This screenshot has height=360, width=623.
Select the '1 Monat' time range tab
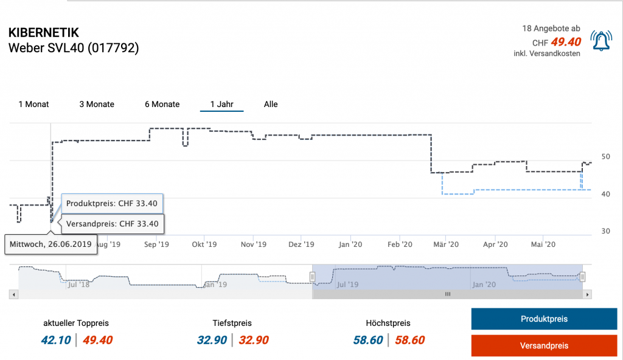click(x=33, y=105)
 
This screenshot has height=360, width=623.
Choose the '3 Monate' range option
click(x=97, y=105)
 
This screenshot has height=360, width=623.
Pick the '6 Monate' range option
click(x=162, y=105)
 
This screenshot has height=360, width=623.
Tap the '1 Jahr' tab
click(x=221, y=105)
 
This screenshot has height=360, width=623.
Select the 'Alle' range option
click(x=271, y=105)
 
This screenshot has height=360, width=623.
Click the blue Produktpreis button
click(x=544, y=319)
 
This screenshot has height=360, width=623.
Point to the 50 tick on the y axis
click(x=605, y=157)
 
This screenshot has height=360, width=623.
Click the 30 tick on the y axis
click(x=605, y=231)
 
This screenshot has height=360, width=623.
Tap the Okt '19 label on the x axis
click(x=204, y=244)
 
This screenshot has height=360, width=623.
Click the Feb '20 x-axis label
click(x=399, y=244)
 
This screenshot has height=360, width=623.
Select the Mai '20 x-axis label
click(x=543, y=244)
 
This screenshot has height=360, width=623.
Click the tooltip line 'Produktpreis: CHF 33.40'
click(x=113, y=202)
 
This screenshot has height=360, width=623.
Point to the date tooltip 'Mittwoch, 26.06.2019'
click(x=50, y=244)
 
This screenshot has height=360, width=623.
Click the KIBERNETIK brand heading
click(x=44, y=33)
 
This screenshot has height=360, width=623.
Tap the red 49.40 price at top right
click(x=566, y=42)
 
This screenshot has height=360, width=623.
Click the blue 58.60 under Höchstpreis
click(x=368, y=341)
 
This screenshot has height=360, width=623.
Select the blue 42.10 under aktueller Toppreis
click(x=56, y=341)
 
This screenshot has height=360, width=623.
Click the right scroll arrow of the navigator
click(x=587, y=294)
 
